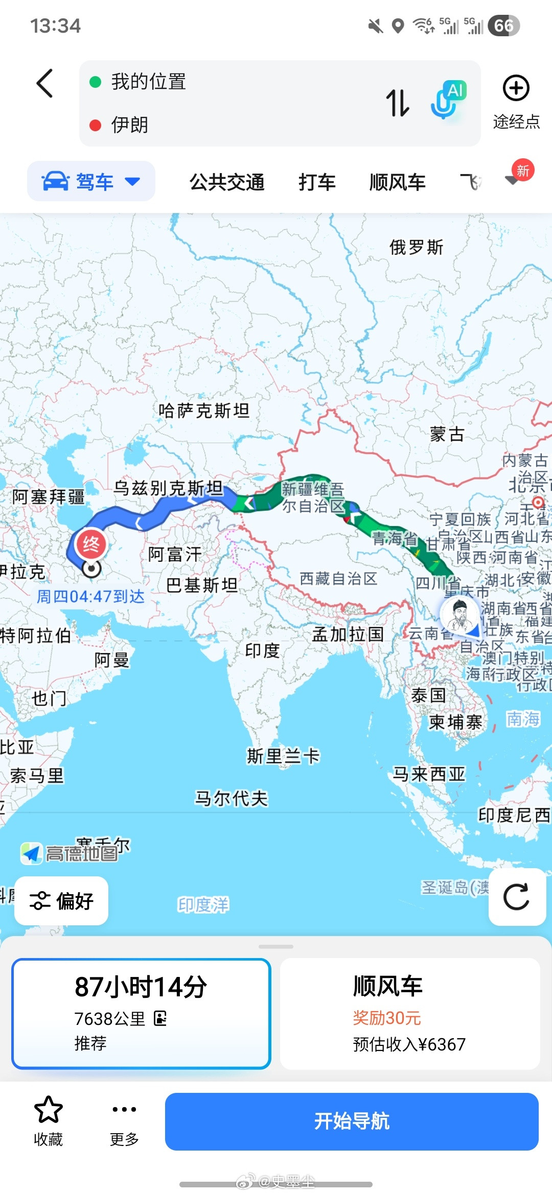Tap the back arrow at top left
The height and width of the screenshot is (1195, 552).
45,83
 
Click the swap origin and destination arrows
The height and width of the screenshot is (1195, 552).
397,103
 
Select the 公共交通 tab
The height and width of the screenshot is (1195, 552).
227,182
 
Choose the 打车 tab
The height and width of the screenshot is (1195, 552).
317,182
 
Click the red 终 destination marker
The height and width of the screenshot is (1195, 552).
91,544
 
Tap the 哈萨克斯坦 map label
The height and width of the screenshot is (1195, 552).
204,410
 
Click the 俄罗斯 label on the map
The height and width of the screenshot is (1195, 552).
416,247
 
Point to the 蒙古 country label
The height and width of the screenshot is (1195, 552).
447,434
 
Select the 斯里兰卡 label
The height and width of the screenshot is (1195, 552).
283,756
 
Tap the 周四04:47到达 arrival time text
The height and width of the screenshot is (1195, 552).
90,596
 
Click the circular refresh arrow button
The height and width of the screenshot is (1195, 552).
516,897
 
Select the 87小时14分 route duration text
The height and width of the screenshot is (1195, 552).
141,987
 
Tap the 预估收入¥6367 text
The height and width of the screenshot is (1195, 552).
409,1044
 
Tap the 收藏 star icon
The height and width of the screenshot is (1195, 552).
48,1109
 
